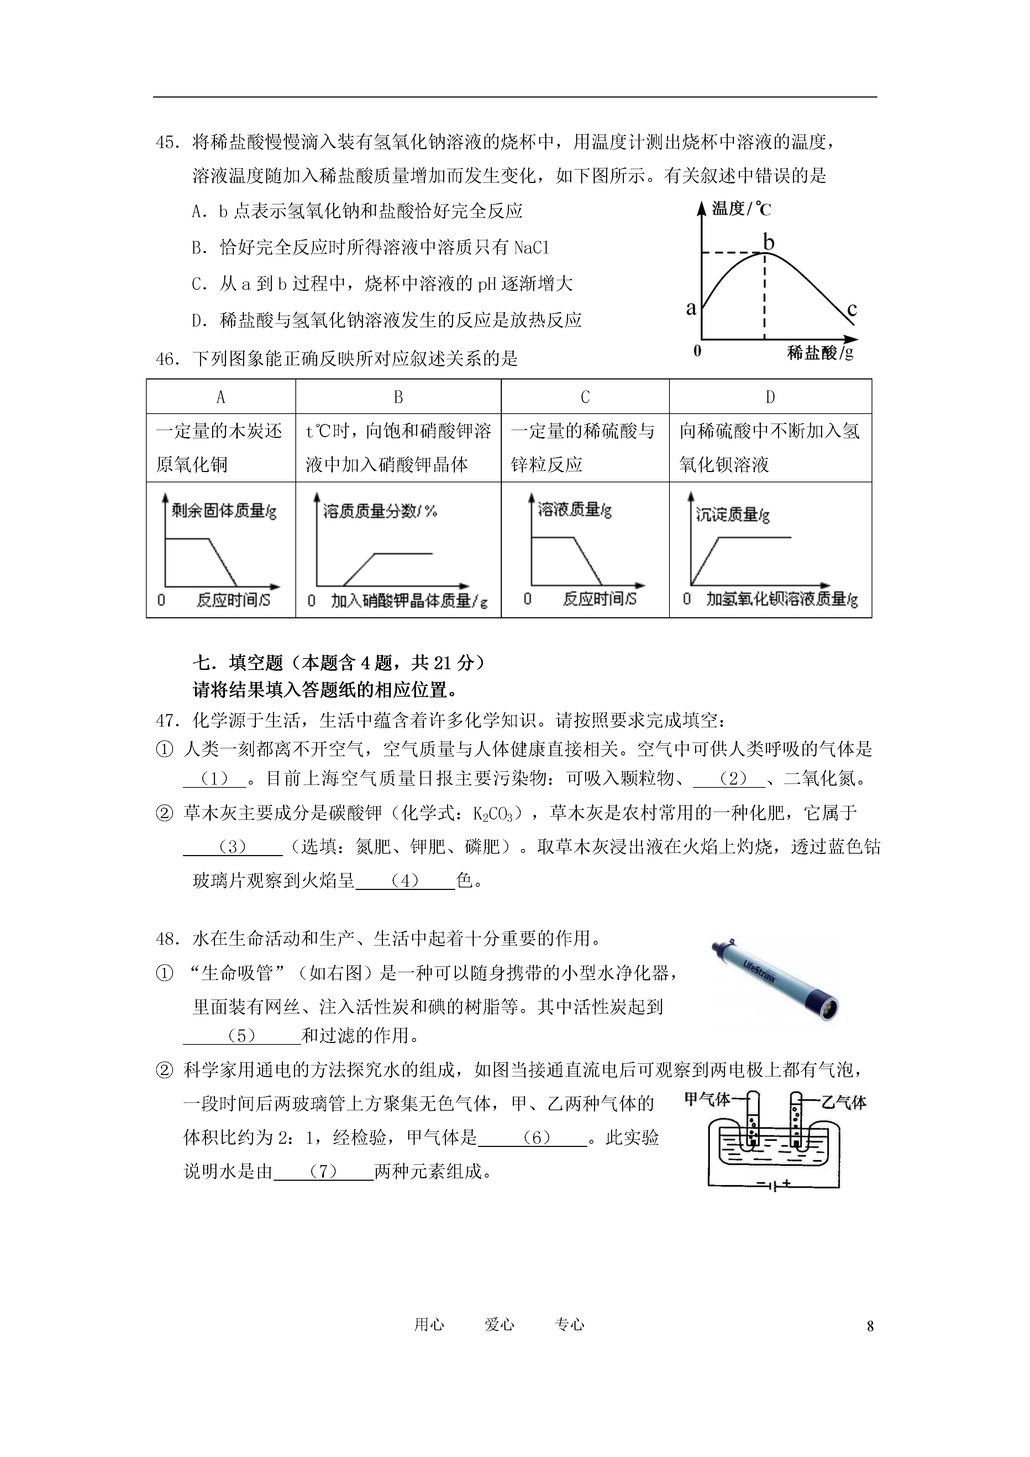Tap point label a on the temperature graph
coord(691,308)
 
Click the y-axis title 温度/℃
coord(741,208)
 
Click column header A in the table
coord(221,397)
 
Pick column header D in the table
coord(770,397)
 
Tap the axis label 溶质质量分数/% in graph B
coord(379,511)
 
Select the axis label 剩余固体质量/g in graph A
coord(224,511)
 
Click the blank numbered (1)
coord(215,779)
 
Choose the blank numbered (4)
coord(405,880)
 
